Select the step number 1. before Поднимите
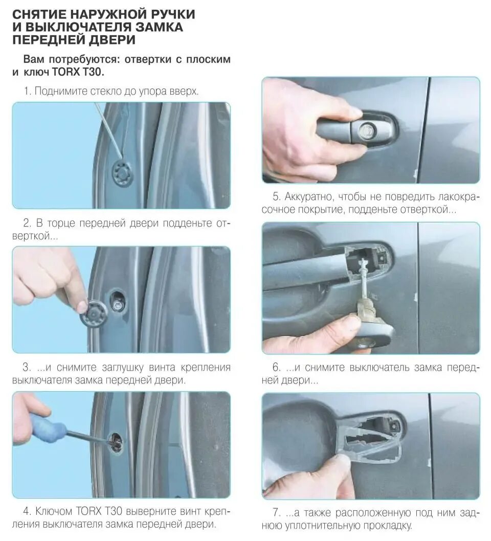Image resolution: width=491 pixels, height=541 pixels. pos(28,91)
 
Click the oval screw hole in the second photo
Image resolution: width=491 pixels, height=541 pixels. pos(118,301)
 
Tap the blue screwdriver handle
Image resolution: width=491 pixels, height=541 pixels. pos(48,429)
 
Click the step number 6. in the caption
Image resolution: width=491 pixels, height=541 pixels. pos(276,367)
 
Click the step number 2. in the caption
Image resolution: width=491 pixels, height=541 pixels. pos(27,223)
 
